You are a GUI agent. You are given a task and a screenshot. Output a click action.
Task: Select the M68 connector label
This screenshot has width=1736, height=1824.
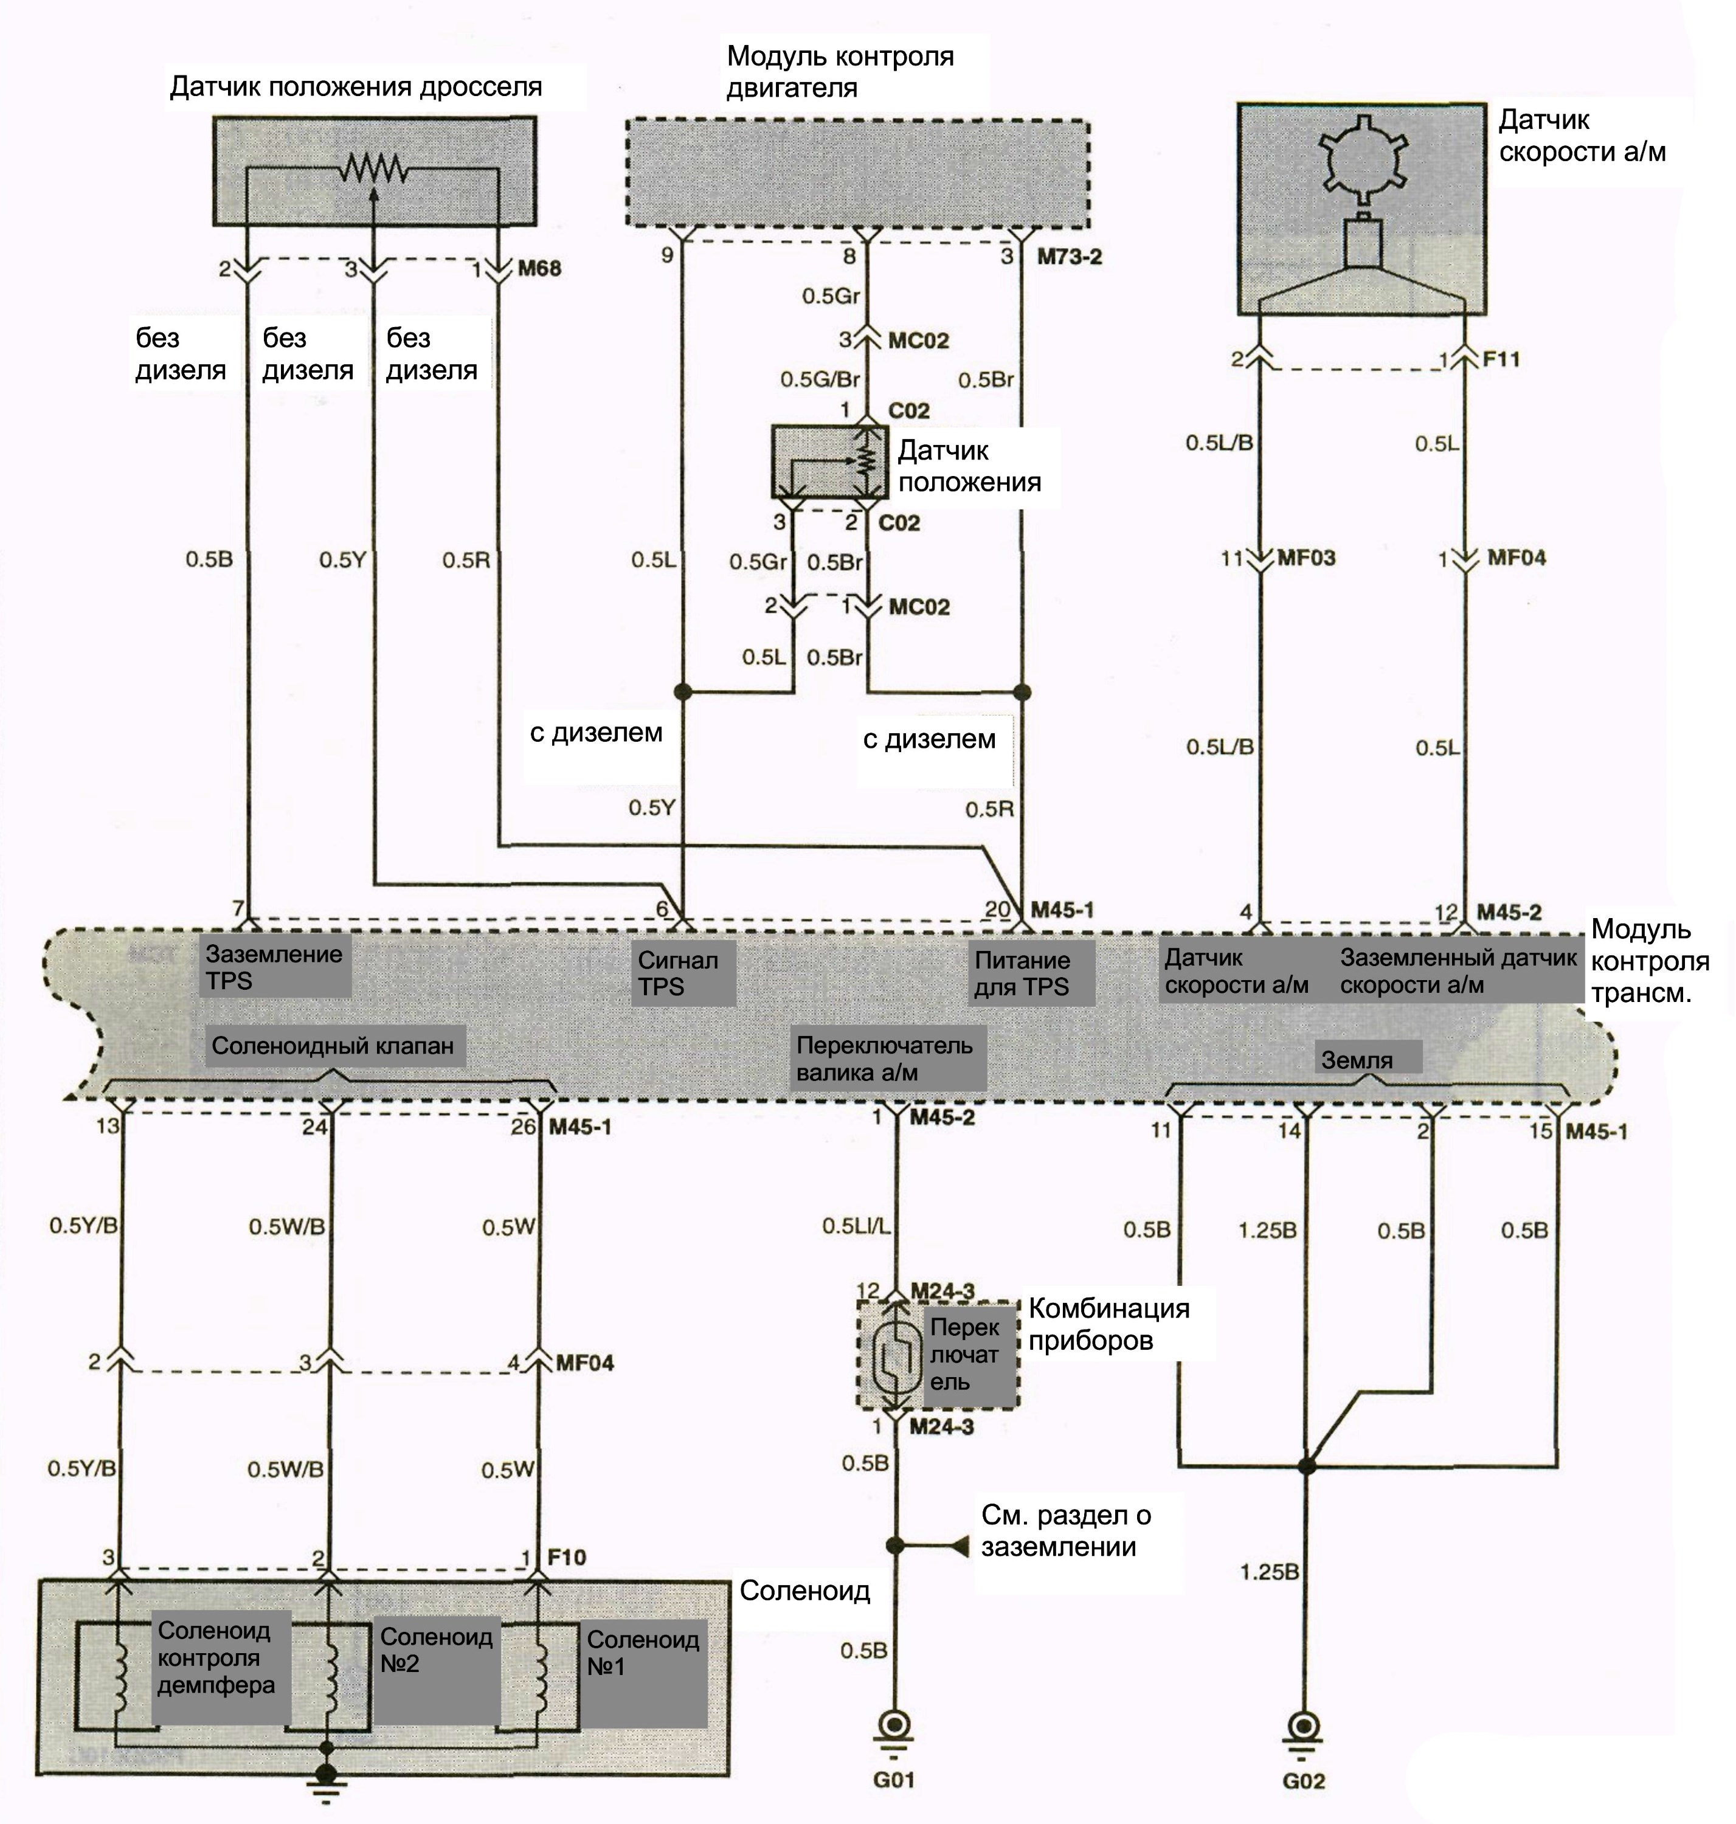(539, 268)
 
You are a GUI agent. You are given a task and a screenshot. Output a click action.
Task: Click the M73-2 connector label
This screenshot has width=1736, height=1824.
(1069, 257)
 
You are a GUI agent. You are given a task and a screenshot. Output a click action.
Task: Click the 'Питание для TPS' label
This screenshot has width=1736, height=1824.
(1022, 973)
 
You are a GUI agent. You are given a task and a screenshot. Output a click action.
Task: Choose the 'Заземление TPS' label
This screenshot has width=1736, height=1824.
(274, 967)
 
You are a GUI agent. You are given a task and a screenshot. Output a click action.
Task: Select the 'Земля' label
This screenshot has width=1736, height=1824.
(1357, 1060)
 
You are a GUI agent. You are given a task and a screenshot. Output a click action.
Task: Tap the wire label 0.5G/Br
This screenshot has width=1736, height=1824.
(820, 379)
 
